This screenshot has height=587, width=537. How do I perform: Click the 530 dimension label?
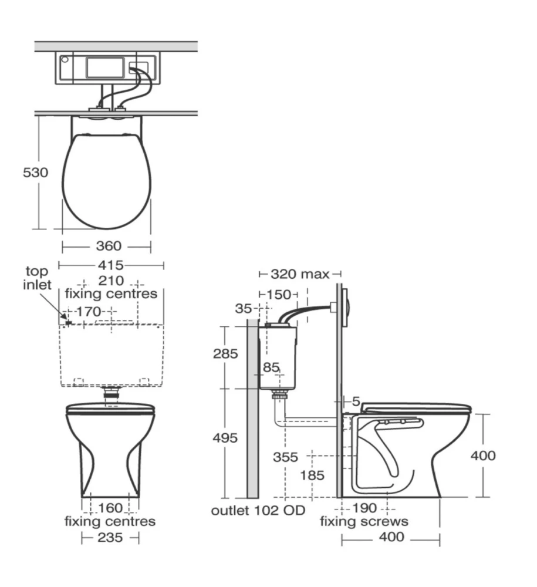coord(36,173)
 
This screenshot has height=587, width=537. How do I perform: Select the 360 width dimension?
coord(109,246)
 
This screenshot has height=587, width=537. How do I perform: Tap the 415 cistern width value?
coord(111,265)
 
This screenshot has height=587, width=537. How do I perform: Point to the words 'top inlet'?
coord(36,278)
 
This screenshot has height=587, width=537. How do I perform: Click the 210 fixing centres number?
coord(111,281)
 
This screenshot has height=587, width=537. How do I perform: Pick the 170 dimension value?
coord(89,312)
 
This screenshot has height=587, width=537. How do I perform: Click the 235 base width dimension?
coord(110,538)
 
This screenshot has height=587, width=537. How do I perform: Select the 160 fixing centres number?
coord(110,508)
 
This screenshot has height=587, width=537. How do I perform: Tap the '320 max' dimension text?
coord(300,274)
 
